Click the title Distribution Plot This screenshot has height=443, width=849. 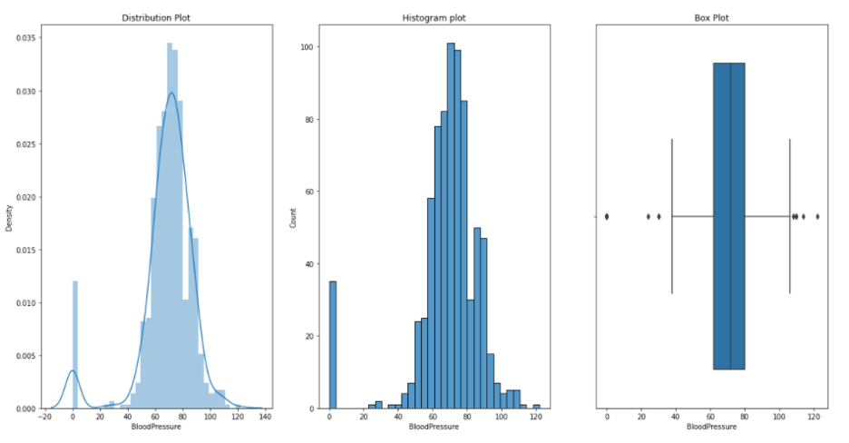pos(146,16)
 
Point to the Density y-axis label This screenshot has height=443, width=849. pos(10,217)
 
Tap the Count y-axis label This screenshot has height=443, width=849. pos(293,217)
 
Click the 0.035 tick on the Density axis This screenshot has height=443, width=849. pos(27,40)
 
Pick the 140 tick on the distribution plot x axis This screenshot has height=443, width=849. pos(263,418)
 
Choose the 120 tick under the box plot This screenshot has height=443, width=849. pos(814,418)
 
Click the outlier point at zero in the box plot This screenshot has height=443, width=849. pos(607,216)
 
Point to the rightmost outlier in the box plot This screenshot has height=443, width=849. pos(817,216)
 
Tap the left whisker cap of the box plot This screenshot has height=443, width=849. pos(672,216)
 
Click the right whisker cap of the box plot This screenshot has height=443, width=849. pos(789,216)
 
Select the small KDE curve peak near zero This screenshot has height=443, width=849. pos(73,370)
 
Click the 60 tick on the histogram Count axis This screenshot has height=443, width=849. pos(307,192)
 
